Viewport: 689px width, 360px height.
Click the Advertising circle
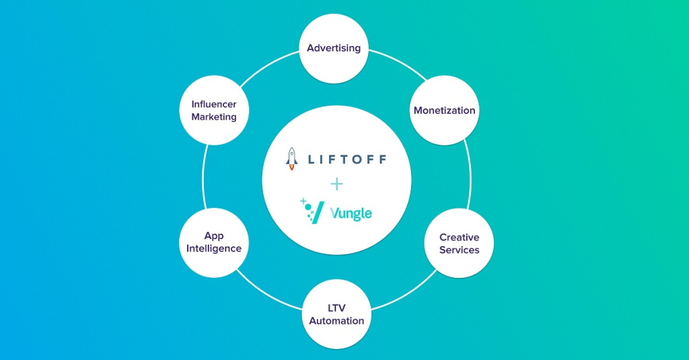point(334,48)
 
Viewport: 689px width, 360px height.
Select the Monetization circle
point(444,110)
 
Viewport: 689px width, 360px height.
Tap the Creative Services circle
point(459,244)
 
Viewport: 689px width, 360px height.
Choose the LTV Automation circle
point(336,314)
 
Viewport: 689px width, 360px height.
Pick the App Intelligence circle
point(214,242)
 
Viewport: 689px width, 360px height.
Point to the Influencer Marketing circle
point(214,110)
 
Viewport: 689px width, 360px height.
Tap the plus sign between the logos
point(336,184)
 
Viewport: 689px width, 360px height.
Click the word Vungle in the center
point(351,214)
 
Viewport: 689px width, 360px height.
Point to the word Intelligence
point(214,248)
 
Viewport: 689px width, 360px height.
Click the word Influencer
point(214,104)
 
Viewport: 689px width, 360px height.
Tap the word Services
point(459,250)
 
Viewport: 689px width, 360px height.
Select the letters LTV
point(336,308)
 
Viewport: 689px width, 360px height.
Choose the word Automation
point(336,321)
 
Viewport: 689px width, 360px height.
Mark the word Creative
point(459,238)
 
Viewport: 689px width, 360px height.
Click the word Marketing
point(214,117)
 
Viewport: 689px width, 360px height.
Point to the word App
point(214,236)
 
